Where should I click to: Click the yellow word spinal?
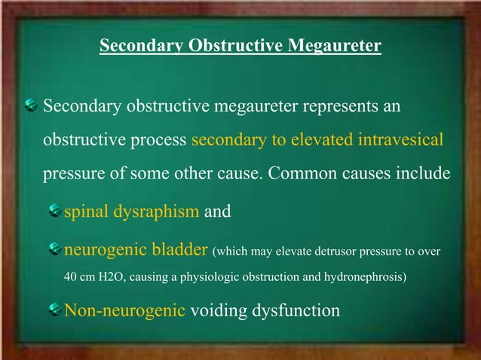click(86, 212)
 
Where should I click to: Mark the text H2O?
click(114, 276)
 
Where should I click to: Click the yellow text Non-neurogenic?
click(124, 309)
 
